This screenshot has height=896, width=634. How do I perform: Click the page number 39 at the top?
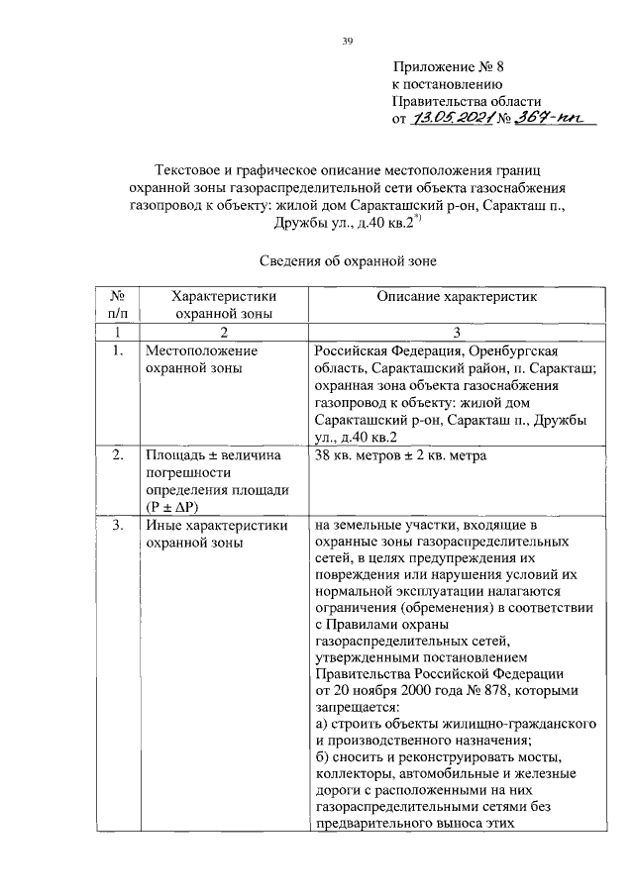(348, 40)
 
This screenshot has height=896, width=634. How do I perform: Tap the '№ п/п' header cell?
(117, 304)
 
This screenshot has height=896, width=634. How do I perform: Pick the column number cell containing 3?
(459, 331)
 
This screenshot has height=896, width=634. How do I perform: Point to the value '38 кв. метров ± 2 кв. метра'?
(400, 456)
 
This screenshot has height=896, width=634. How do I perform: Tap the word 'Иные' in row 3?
(162, 525)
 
